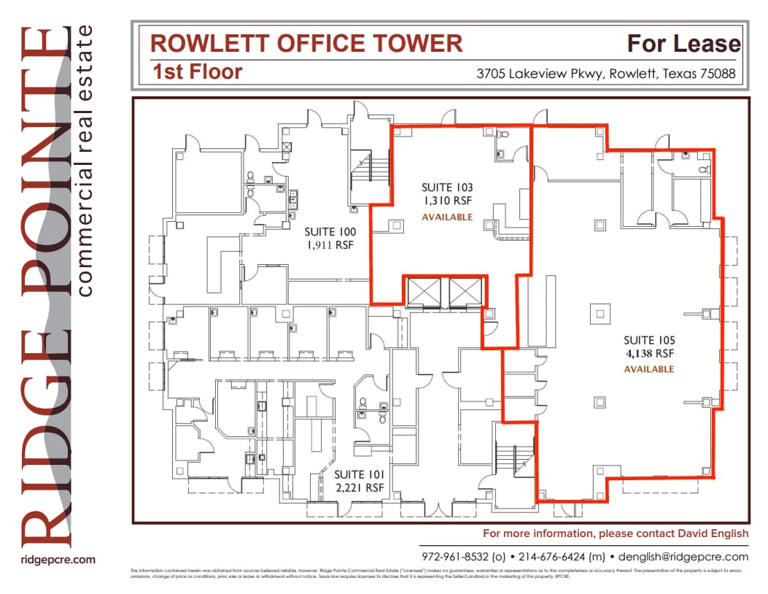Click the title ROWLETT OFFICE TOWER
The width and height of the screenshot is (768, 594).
point(306,43)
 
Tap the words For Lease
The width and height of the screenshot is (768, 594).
point(683,44)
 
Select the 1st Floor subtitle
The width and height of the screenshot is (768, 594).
point(198,72)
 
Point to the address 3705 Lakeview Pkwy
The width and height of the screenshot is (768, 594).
point(539,74)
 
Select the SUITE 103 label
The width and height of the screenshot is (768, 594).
point(447,188)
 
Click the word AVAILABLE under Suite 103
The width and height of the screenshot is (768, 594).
point(447,217)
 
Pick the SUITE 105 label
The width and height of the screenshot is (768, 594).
point(649,340)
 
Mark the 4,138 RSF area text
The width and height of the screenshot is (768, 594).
point(649,354)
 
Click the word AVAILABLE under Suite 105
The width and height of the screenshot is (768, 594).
point(649,369)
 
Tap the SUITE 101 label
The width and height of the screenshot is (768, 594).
point(358,474)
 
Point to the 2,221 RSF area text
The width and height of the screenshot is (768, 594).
point(358,487)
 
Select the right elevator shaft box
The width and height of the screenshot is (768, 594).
point(466,292)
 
